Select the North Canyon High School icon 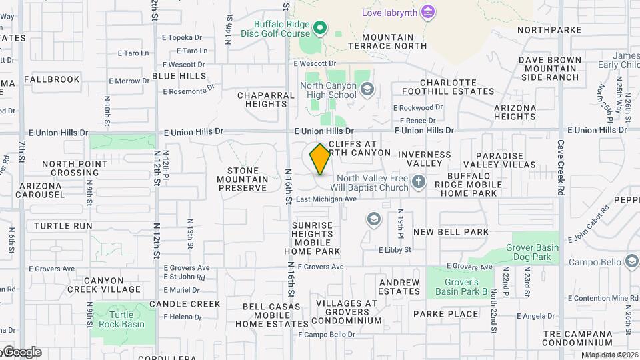(x=366, y=89)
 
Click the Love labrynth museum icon (x=429, y=12)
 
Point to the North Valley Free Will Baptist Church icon (x=418, y=181)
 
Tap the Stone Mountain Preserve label (x=243, y=179)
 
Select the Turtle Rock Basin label (x=121, y=320)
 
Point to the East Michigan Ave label (x=327, y=199)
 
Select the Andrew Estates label (x=399, y=287)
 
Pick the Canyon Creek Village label (x=103, y=285)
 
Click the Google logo (x=21, y=352)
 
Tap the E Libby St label (x=395, y=250)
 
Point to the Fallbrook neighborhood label (x=52, y=79)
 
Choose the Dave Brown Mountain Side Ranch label (x=549, y=69)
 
